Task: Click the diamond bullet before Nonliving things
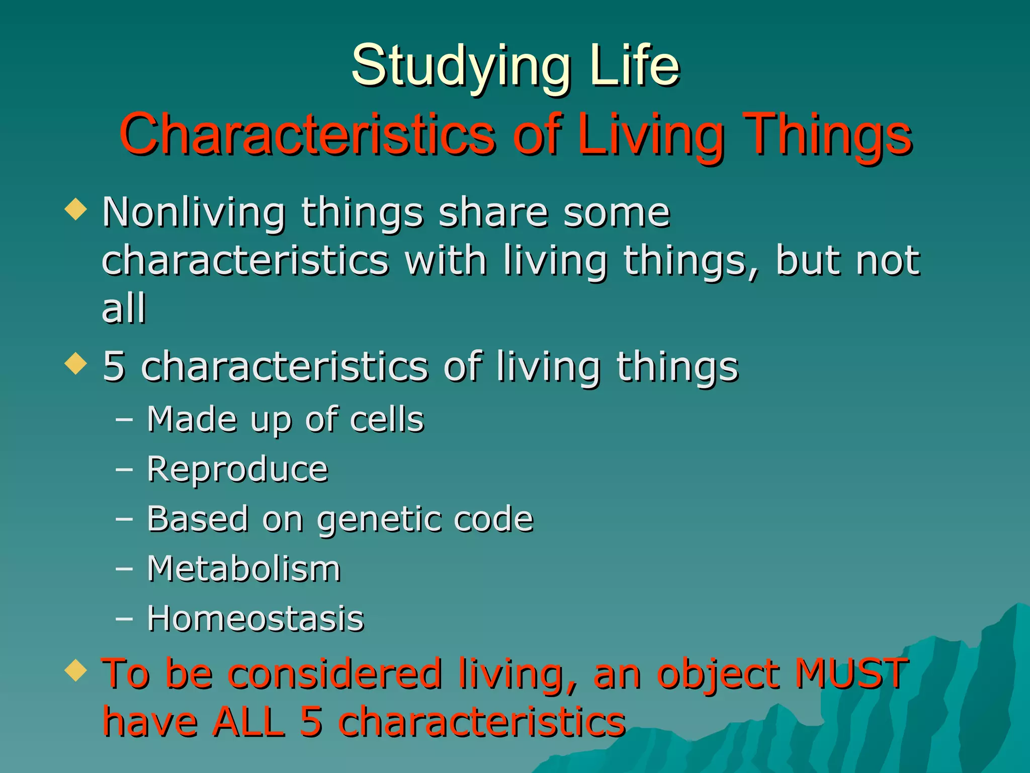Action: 76,209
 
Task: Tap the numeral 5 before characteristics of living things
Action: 113,366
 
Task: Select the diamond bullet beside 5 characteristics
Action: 76,363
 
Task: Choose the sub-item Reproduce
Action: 237,470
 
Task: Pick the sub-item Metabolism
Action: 243,569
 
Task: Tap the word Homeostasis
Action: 255,619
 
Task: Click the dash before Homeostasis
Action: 124,619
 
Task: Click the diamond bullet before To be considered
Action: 76,670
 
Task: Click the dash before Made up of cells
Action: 124,419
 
